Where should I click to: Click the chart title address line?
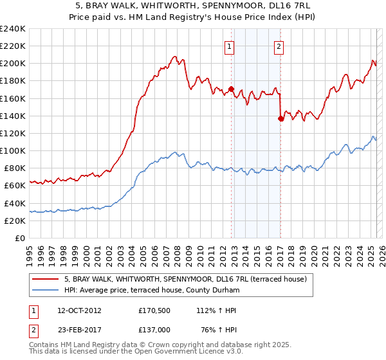click(x=192, y=6)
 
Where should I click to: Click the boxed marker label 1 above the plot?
click(x=230, y=46)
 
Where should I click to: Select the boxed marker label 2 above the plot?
click(x=279, y=46)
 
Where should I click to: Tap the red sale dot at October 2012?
click(x=231, y=89)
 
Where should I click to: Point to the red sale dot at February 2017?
click(x=280, y=118)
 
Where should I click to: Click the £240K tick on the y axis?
click(x=13, y=29)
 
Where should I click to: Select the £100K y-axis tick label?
click(x=13, y=150)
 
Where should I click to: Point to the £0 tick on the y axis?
click(x=20, y=238)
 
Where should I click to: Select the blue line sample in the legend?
click(x=46, y=290)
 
